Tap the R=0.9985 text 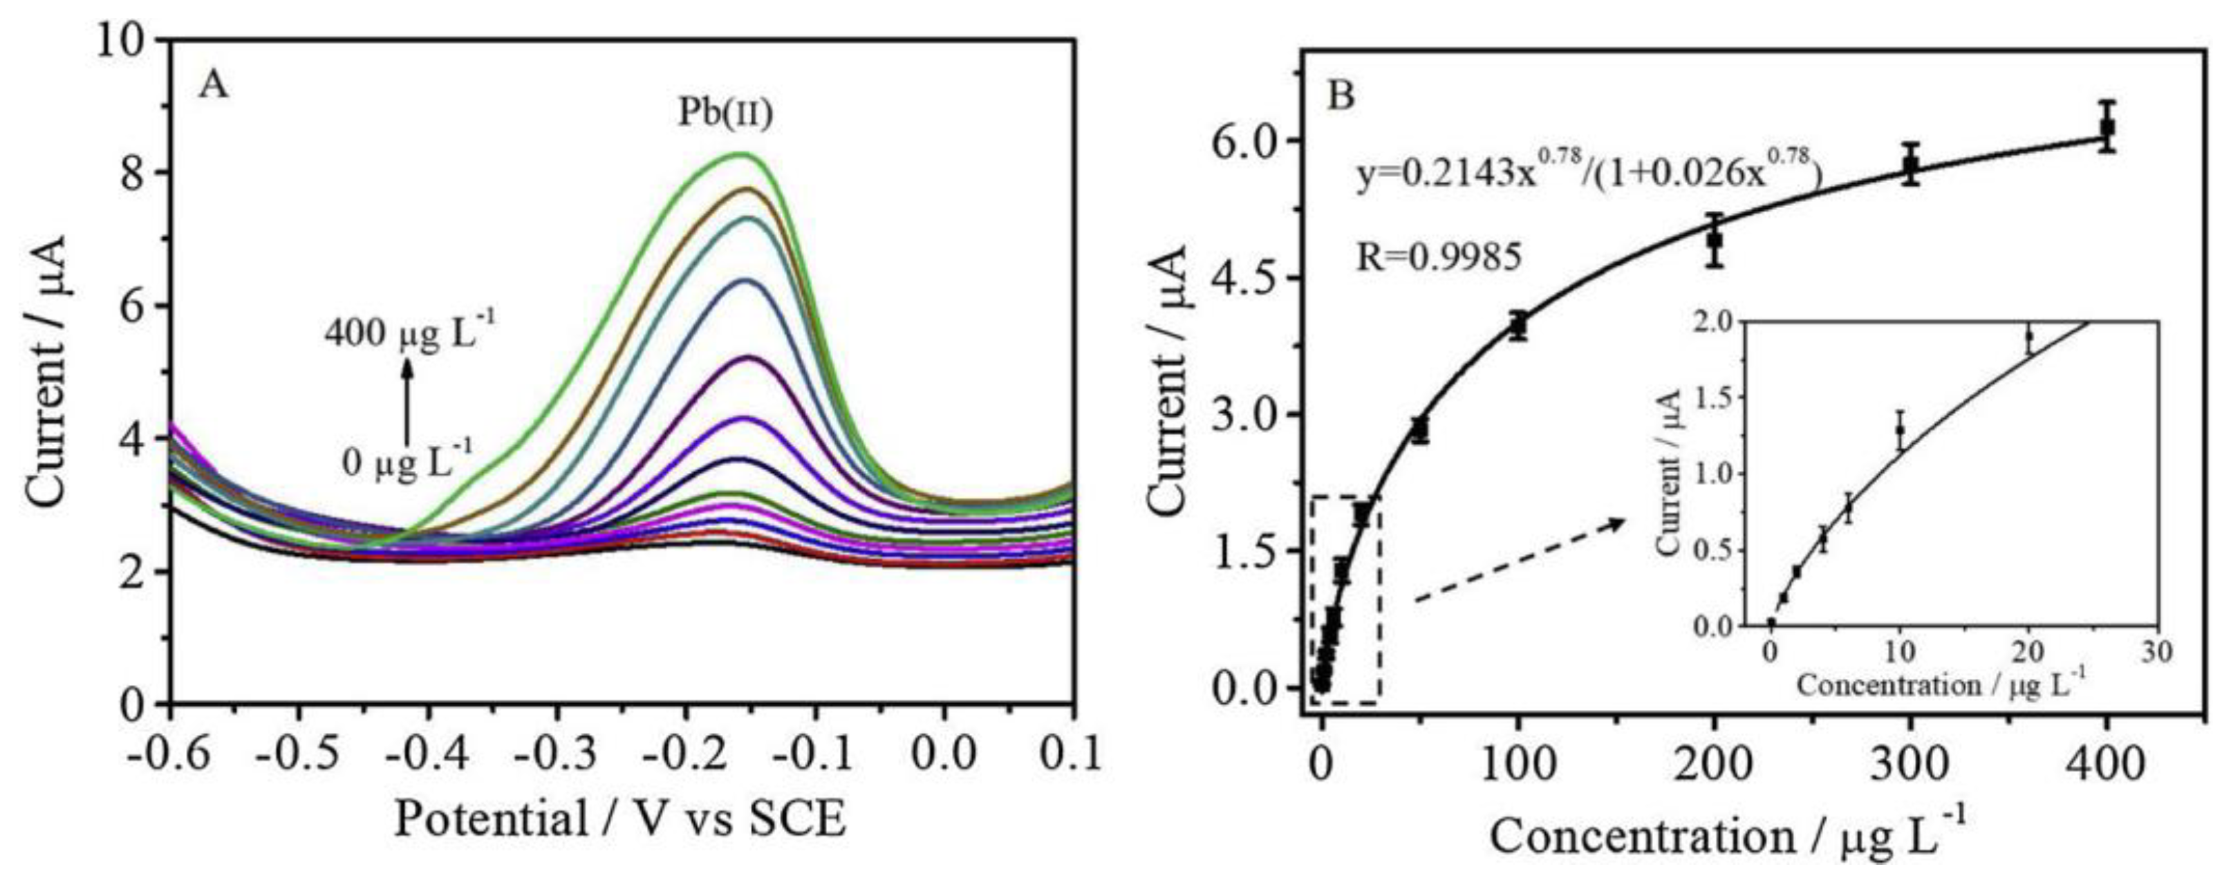pos(1439,256)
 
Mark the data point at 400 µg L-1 pos(2107,127)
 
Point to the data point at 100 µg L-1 pos(1518,326)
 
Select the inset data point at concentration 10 pos(1900,429)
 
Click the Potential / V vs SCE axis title pos(620,819)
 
